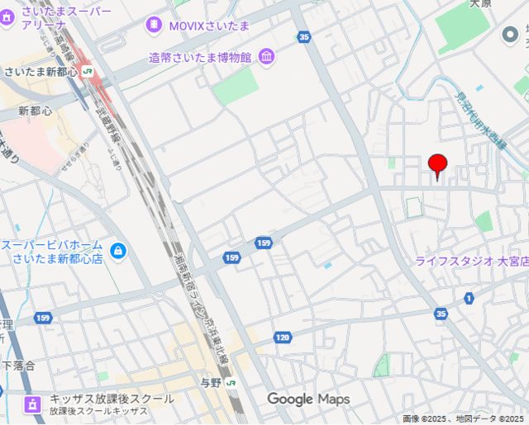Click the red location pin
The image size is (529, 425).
pos(437,164)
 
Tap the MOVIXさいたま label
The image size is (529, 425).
pos(210,26)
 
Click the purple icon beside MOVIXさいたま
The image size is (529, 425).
pos(153,26)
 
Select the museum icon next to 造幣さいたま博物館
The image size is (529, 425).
pos(267,57)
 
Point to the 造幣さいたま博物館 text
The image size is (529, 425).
pos(201,57)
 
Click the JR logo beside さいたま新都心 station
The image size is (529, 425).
pos(88,72)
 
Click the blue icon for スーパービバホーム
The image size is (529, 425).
pos(118,250)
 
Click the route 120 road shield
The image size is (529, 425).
pos(284,337)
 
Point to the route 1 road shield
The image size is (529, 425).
pos(469,297)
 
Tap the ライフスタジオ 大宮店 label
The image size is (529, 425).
pos(471,261)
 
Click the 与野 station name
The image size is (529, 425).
pos(212,383)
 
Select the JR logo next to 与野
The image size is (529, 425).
pos(231,383)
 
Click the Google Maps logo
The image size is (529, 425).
pos(308,399)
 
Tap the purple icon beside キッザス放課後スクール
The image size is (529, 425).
pos(32,404)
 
